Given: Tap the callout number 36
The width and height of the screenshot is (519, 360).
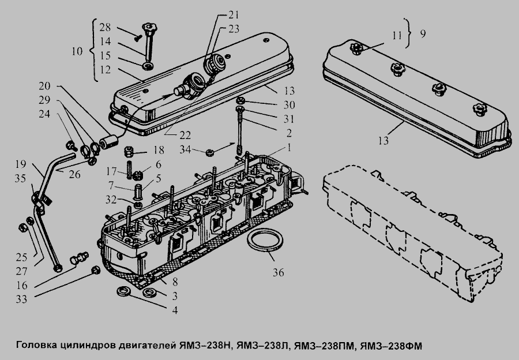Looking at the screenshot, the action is click(279, 272).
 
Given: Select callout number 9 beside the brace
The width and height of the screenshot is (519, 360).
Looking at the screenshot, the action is click(423, 34).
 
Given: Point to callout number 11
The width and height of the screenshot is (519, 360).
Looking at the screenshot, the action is click(397, 35).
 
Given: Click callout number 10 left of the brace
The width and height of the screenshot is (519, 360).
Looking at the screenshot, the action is click(77, 51).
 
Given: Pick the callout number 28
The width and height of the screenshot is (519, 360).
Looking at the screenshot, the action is click(106, 27).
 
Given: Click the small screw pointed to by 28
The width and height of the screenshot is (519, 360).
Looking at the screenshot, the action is click(137, 39).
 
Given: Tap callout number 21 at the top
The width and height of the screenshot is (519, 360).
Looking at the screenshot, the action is click(234, 15).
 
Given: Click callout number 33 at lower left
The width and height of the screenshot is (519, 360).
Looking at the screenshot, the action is click(21, 299).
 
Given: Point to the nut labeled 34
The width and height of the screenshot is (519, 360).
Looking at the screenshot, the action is click(209, 153).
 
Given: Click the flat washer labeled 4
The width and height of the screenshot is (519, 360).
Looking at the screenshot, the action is click(123, 292).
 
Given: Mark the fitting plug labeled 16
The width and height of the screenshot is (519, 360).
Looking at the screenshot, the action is click(80, 258).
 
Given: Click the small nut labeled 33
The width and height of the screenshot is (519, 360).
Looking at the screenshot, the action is click(96, 270).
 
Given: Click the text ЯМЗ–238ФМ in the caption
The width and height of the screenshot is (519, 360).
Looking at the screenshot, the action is click(391, 346).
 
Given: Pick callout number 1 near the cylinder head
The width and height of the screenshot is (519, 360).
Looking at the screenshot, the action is click(289, 147).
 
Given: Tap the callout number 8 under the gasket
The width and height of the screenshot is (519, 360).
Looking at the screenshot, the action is click(175, 282).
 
